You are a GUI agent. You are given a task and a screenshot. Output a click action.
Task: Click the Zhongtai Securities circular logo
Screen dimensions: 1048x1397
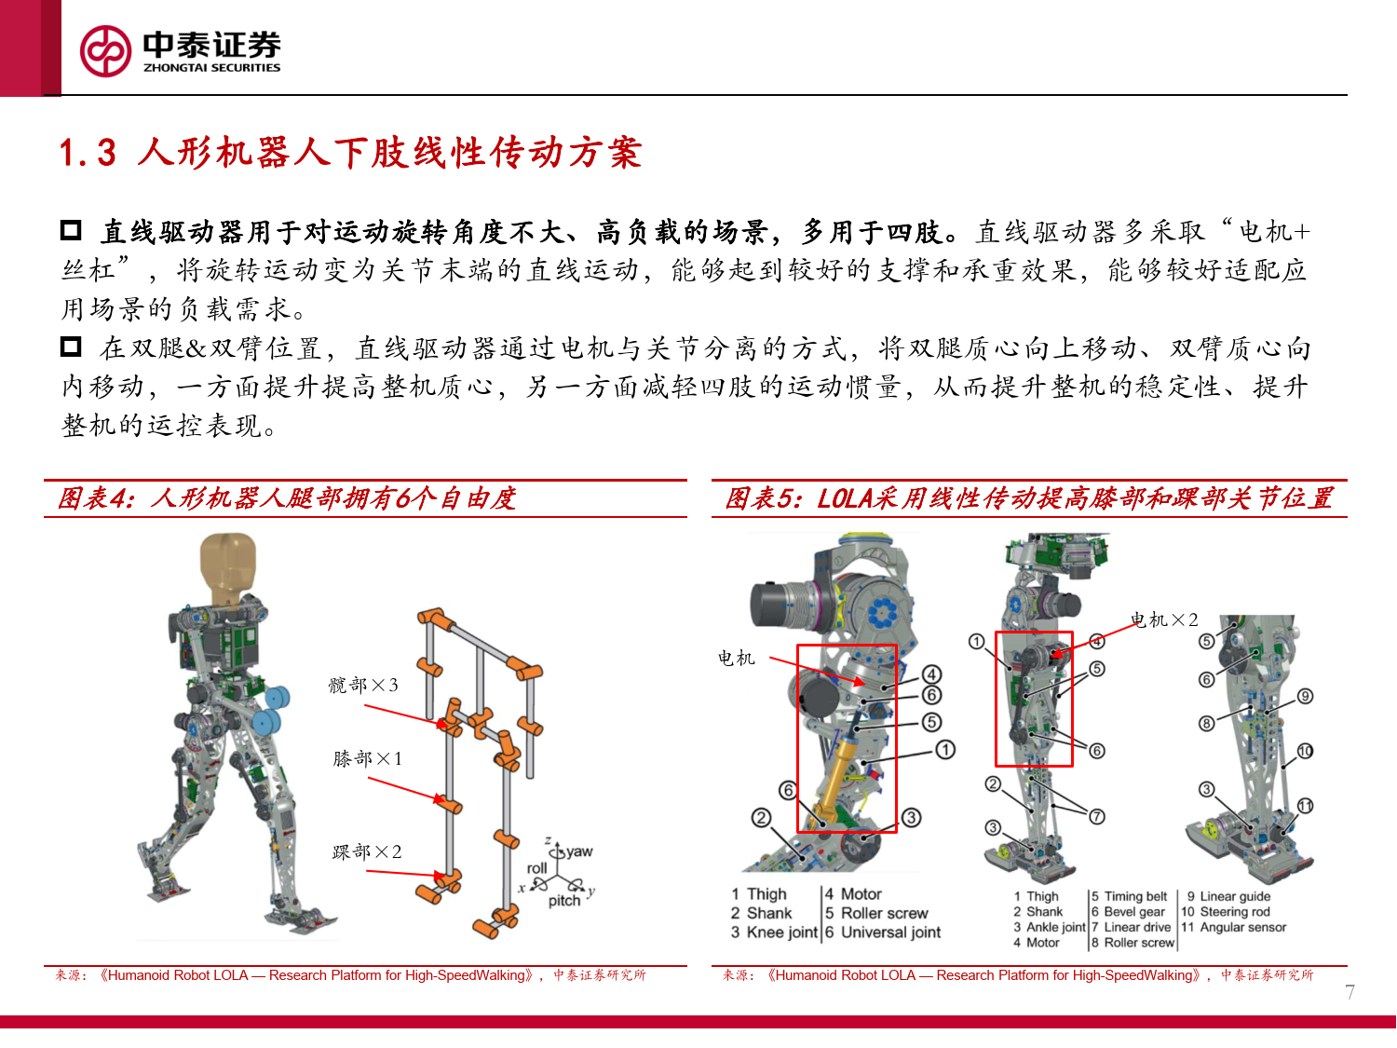click(x=105, y=51)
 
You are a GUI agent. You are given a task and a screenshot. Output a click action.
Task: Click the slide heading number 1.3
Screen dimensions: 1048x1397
click(x=88, y=153)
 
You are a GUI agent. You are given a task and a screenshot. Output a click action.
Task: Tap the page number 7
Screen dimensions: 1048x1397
click(x=1350, y=993)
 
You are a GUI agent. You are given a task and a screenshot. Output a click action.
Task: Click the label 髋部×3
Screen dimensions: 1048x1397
click(x=363, y=686)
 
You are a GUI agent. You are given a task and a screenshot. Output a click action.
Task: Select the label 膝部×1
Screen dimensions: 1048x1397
click(x=368, y=759)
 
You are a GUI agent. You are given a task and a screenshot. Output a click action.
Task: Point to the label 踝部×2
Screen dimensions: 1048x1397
click(x=367, y=852)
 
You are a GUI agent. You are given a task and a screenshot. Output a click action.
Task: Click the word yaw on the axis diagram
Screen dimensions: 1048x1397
click(x=579, y=851)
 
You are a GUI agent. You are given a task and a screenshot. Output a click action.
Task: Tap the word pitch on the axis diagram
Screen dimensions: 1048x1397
click(x=564, y=901)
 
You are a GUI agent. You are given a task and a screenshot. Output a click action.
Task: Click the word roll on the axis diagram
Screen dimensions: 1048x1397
click(x=536, y=868)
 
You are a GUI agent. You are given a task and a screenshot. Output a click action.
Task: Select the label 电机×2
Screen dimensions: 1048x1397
click(x=1164, y=620)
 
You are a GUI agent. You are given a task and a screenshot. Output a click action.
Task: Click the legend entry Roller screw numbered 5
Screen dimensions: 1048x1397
click(x=876, y=913)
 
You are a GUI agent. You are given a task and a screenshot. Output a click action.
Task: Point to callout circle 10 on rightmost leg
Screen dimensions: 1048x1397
click(x=1305, y=751)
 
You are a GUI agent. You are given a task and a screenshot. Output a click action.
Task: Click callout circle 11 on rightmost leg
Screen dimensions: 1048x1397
click(x=1305, y=806)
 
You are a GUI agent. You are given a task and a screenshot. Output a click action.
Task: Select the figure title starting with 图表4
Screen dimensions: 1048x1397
click(x=287, y=498)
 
